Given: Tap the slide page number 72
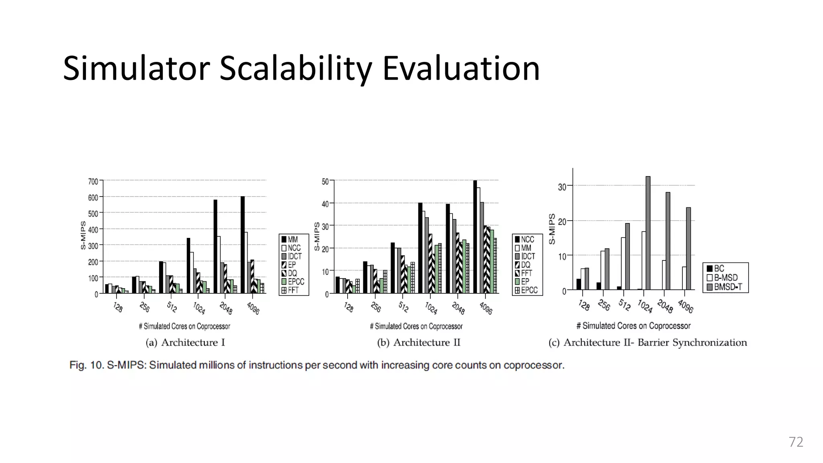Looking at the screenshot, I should (796, 442).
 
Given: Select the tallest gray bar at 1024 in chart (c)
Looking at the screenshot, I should (648, 233).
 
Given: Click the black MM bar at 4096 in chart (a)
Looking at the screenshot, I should (243, 245).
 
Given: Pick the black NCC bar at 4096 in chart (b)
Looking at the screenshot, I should (475, 237).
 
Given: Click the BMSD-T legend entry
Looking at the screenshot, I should (727, 287).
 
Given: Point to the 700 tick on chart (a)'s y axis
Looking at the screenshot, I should (93, 182).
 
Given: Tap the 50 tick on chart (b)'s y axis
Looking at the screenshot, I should (325, 182).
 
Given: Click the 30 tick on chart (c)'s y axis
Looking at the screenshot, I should (562, 187).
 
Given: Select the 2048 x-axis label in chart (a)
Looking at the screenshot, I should (226, 308).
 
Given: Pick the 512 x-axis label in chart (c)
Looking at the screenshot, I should (624, 305).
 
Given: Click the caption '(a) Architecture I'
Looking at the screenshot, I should (185, 342).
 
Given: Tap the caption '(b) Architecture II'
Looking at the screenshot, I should (418, 342).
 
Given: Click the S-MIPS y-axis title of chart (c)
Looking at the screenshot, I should (552, 229).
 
